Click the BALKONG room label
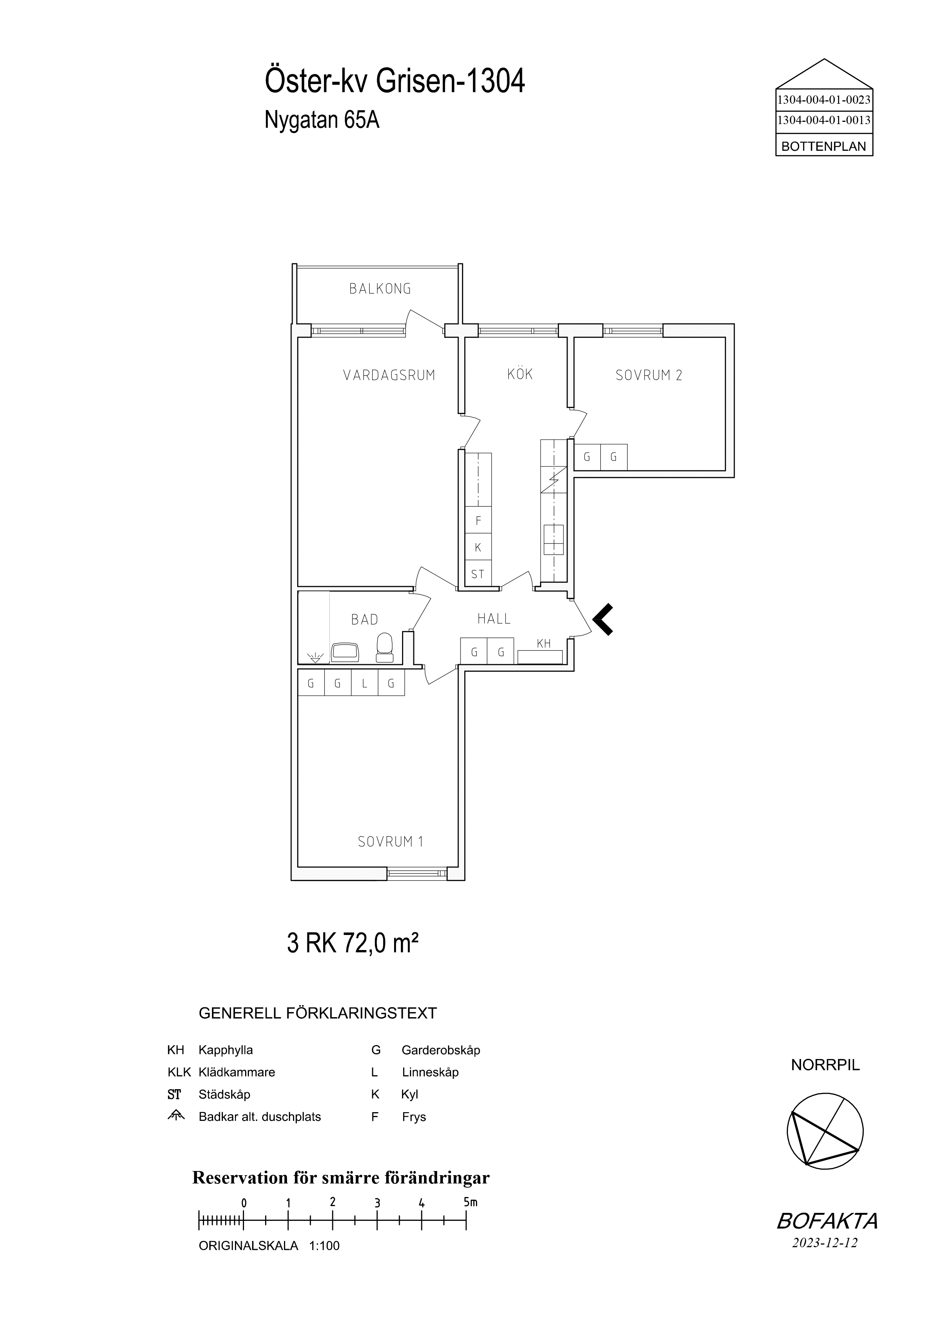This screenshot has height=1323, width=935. tap(380, 289)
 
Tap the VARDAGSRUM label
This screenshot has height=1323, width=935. tap(389, 375)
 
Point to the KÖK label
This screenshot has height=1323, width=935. tap(520, 374)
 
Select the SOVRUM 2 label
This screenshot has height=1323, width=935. tap(649, 375)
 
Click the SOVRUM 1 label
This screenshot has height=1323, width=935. tap(391, 842)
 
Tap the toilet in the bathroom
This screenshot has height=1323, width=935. tap(384, 647)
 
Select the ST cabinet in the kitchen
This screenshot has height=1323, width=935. tap(478, 573)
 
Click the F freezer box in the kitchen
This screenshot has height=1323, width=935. tap(478, 520)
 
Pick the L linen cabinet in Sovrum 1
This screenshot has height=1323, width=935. tap(365, 684)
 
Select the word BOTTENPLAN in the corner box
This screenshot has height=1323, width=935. tap(824, 146)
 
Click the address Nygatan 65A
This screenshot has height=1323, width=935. tap(322, 120)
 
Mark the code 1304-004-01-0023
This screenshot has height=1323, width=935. tap(824, 100)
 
